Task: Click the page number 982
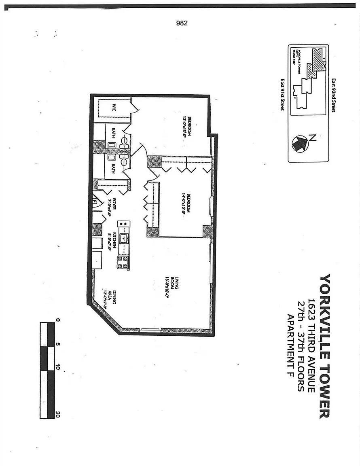click(x=182, y=23)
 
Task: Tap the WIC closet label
click(x=114, y=108)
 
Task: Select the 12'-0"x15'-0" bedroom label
click(x=186, y=127)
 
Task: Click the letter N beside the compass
click(x=312, y=137)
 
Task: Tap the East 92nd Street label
click(x=334, y=95)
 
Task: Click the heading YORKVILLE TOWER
click(x=325, y=346)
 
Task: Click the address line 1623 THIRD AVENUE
click(x=311, y=346)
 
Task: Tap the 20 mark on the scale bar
click(x=58, y=415)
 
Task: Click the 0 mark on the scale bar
click(x=58, y=320)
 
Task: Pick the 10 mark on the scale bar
click(x=58, y=367)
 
